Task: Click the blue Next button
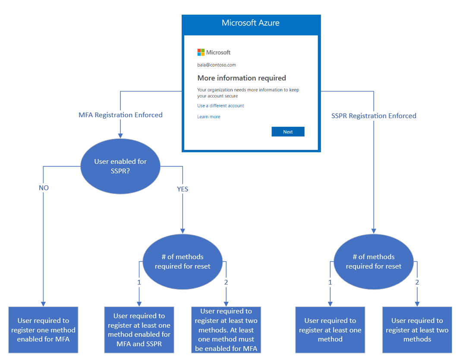coord(288,132)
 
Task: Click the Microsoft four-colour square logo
coord(201,52)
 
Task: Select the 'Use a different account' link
coord(221,106)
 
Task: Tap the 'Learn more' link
coord(208,116)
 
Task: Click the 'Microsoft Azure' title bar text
coord(250,23)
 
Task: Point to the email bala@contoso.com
coord(217,65)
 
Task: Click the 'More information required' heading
coord(242,78)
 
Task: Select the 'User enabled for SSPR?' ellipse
coord(120,166)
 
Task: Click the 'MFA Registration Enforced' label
coord(120,115)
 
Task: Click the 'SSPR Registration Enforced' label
coord(374,116)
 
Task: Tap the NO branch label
coord(44,188)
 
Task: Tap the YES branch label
coord(183,189)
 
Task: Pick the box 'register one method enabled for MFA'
coord(43,330)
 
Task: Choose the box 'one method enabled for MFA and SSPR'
coord(139,330)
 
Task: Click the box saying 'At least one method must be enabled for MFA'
coord(226,330)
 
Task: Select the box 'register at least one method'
coord(330,330)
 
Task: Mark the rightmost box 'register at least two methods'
coord(417,330)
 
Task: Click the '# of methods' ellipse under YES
coord(183,261)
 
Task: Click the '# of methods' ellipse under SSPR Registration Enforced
coord(374,261)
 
